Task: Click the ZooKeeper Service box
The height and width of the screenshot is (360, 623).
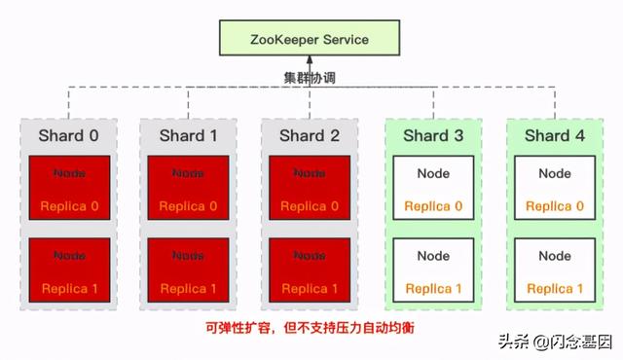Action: pos(311,41)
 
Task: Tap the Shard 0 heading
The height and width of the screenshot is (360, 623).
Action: pos(68,136)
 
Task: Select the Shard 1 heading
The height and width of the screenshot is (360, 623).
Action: pos(189,136)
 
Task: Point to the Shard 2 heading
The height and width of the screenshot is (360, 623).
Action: pos(310,136)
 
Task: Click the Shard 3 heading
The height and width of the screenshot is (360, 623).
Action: pos(432,136)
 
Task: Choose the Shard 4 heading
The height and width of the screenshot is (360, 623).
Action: pos(555,136)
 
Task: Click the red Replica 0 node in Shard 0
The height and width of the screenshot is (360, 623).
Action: pos(69,190)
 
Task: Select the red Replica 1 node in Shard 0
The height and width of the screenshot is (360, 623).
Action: pos(69,271)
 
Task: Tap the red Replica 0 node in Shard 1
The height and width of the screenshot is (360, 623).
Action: pos(188,190)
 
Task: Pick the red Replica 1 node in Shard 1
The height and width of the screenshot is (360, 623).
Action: pos(188,271)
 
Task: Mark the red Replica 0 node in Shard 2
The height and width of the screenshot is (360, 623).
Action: pos(309,190)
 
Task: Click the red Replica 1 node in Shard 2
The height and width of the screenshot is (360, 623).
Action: pos(309,271)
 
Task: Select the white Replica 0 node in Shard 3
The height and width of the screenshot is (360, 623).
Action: pos(433,190)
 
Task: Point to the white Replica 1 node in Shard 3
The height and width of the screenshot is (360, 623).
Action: pos(433,271)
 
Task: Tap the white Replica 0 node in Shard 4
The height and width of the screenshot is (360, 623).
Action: pos(555,190)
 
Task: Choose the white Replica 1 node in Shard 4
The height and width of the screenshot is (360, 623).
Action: pos(555,271)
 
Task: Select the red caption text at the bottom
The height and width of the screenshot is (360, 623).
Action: pos(311,328)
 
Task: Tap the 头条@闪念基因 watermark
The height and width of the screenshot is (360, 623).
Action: pos(555,342)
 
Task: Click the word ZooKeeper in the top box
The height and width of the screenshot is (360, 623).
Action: pos(284,41)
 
